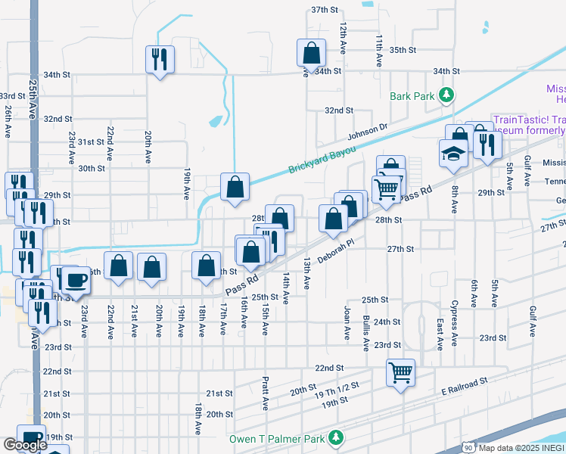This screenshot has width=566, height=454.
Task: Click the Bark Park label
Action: pos(412,96)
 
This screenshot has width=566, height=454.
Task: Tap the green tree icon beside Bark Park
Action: pos(447,95)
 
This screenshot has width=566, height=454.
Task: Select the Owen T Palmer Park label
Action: pos(277,439)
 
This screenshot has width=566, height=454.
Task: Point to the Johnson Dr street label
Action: pos(367,132)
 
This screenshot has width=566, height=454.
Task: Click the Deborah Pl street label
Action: pos(336,253)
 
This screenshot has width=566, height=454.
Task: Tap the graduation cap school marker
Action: pos(453,152)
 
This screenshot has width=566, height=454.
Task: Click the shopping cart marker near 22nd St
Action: pos(400,372)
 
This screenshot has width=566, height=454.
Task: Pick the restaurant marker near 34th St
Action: pos(160,58)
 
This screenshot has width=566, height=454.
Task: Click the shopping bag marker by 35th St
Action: pos(311,52)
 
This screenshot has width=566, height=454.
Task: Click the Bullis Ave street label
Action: pos(365,333)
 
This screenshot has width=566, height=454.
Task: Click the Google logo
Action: pos(26,445)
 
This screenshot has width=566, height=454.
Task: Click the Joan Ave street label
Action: pos(347,322)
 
